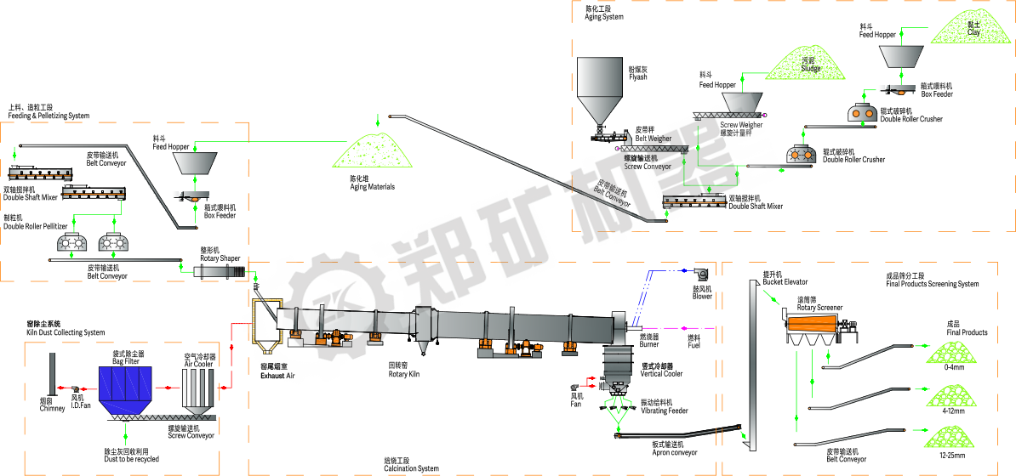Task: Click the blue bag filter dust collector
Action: point(125,384)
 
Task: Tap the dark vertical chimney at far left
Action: point(53,373)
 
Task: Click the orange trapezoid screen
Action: point(812,324)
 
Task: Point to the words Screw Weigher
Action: point(740,124)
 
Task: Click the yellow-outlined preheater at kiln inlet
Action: point(266,322)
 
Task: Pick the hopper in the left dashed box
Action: point(194,162)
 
